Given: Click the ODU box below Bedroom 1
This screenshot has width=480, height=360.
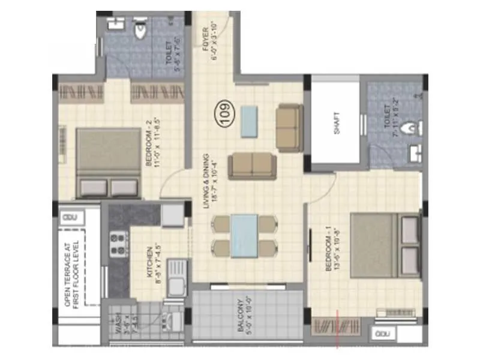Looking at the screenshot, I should point(382,334).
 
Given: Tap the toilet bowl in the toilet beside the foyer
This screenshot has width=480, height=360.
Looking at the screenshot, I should point(140,30).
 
